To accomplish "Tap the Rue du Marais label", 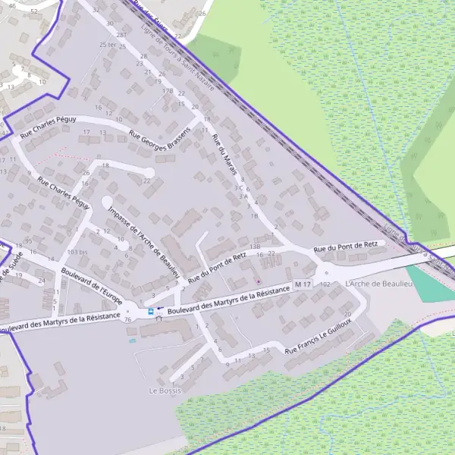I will tap(224, 156).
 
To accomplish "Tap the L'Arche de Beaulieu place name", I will tap(377, 283).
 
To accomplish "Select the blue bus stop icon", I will tap(150, 311).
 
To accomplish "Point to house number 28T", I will tap(121, 35).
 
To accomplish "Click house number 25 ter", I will tap(108, 45).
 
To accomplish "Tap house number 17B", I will tap(168, 90).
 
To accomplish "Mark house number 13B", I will tap(255, 246).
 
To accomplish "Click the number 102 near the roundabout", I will tap(325, 284).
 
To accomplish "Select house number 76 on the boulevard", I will tap(127, 319).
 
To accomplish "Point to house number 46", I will tap(12, 6).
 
